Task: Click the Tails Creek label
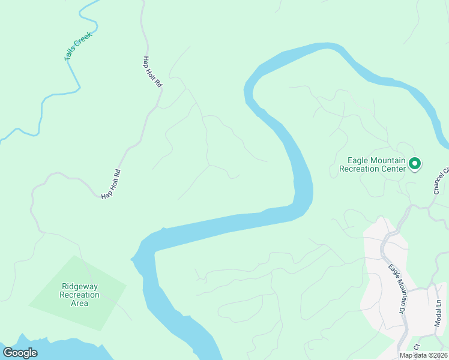click(76, 50)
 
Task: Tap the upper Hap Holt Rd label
click(152, 72)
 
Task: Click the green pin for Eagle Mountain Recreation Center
click(414, 163)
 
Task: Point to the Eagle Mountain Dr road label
click(394, 290)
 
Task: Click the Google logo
click(20, 352)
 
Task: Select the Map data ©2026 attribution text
click(423, 355)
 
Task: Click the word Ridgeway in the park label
click(79, 286)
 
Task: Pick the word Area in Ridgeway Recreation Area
click(79, 303)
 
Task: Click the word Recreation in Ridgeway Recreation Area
click(79, 295)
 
